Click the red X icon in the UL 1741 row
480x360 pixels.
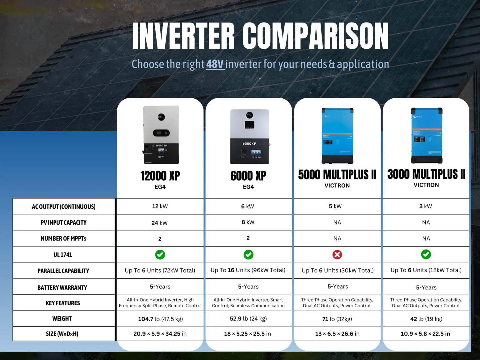[x=337, y=255]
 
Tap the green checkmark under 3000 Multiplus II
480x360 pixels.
[x=426, y=254]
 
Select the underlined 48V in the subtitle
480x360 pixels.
[x=215, y=64]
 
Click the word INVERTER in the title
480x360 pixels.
[x=183, y=36]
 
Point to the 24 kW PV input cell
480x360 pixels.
[x=159, y=223]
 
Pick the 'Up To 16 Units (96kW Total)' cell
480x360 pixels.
[x=248, y=270]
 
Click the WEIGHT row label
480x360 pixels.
[x=62, y=319]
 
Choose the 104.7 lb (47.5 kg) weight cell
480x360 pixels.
[x=161, y=319]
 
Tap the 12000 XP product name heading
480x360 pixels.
[x=160, y=176]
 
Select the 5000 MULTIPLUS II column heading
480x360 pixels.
[x=337, y=175]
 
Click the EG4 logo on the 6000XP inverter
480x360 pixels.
[x=249, y=115]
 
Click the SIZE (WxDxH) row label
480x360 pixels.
[x=62, y=334]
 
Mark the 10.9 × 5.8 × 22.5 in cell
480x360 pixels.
[x=425, y=334]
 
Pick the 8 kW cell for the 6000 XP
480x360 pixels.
[x=248, y=222]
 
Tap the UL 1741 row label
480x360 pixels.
[x=63, y=255]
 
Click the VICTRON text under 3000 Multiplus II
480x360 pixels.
[x=426, y=185]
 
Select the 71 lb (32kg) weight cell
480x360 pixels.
[x=337, y=319]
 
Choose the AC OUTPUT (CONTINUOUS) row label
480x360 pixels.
[x=64, y=207]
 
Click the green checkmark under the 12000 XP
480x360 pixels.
[x=160, y=255]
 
